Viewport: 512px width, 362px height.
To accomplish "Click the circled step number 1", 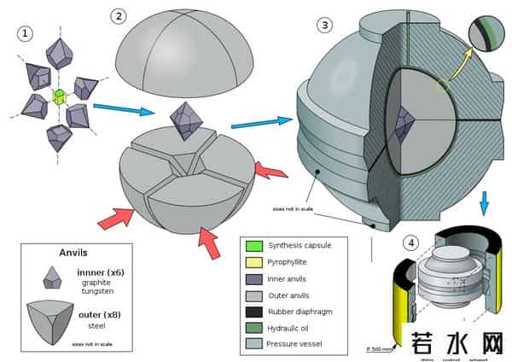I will tap(26, 33).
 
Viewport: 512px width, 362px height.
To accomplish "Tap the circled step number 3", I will tap(325, 24).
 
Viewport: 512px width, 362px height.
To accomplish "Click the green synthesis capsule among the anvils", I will tap(60, 96).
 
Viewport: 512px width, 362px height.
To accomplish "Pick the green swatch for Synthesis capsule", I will tap(253, 246).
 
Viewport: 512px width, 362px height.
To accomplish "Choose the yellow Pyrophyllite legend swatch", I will tap(253, 262).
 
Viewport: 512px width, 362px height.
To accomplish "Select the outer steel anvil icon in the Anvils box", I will tap(53, 320).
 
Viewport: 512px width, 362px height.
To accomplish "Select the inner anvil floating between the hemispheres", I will tap(188, 121).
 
